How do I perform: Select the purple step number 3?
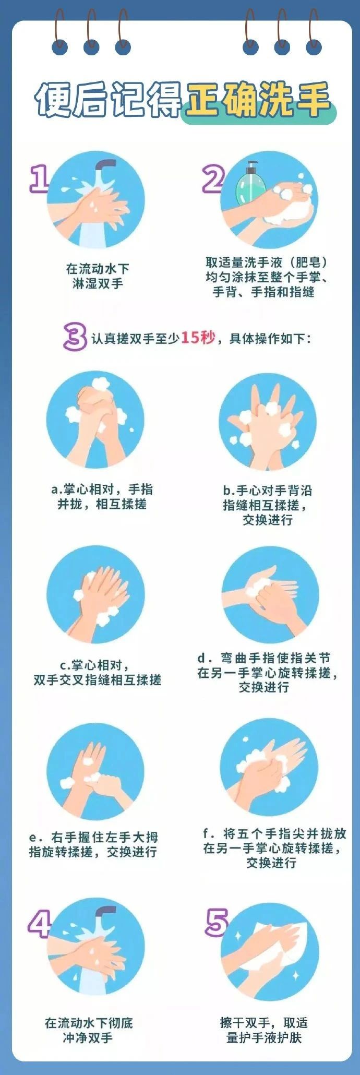tap(75, 337)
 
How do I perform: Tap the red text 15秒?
tap(198, 338)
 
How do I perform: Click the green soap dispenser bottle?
tap(250, 183)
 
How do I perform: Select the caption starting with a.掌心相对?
tap(102, 496)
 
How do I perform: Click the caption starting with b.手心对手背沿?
tap(267, 505)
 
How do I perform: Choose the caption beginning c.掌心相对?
tap(98, 672)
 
